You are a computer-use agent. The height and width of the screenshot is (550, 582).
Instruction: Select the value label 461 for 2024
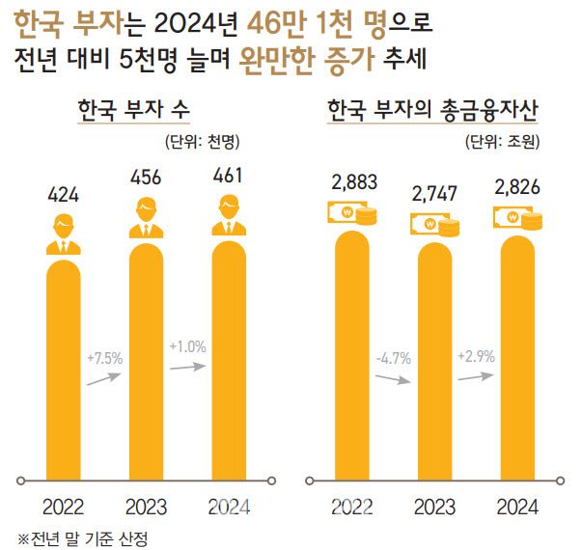coord(230,176)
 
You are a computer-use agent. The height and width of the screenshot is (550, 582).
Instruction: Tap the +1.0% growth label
coord(187,344)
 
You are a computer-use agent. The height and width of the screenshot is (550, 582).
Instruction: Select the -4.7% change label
coord(391,358)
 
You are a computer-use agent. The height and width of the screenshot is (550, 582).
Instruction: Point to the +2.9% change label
coord(475,355)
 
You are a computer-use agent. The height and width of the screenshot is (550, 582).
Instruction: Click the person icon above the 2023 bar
coord(145,218)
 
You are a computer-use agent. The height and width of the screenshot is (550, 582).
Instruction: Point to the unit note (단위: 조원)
coord(501,142)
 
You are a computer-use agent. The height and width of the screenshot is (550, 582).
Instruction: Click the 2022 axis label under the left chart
coord(62,507)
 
